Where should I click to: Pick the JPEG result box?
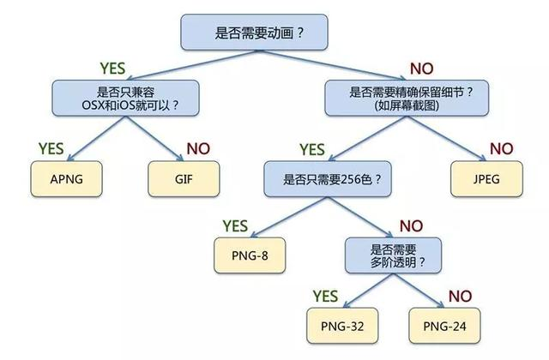[x=486, y=180]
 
